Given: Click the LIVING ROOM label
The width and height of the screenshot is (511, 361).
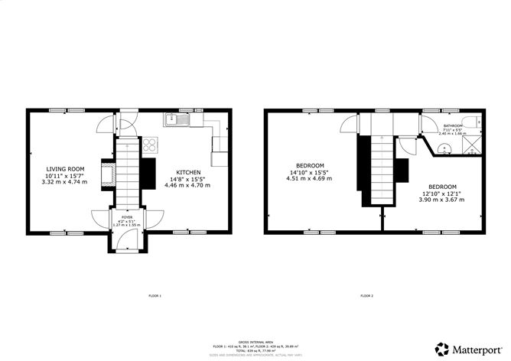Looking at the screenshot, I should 66,168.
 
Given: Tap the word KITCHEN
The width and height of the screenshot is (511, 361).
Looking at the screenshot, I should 189,172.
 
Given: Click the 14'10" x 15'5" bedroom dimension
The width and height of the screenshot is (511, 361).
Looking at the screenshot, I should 311,172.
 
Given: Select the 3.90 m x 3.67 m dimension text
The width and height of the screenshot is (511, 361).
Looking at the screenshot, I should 442,200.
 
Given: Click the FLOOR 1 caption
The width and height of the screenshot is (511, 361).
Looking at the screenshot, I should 155,295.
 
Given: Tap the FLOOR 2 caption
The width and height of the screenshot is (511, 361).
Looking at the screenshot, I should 366,295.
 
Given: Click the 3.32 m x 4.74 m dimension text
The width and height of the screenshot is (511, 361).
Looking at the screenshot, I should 66,181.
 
